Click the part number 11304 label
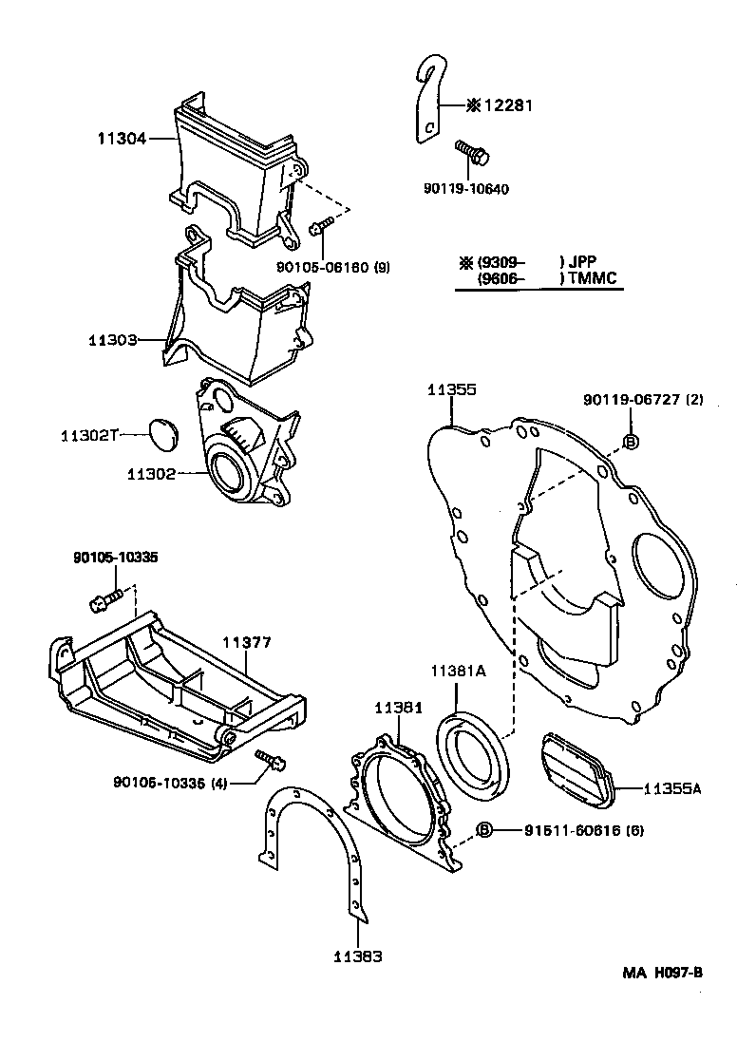point(121,139)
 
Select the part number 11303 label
point(114,339)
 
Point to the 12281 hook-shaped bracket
point(429,104)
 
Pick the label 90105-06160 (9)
point(333,268)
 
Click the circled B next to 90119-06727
point(632,440)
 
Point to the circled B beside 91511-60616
point(484,830)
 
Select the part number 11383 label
point(357,956)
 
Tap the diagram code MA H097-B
point(662,972)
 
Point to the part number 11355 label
point(451,390)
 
